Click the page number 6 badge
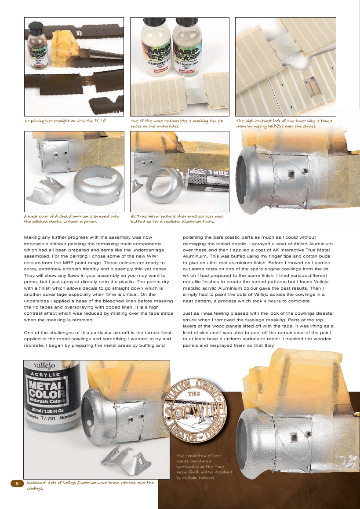coord(17,483)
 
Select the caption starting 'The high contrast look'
coord(284,123)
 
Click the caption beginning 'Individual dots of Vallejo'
coord(90,485)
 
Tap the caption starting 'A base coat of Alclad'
coord(71,218)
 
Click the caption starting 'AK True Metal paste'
coord(177,218)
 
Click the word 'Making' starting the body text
coord(33,237)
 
